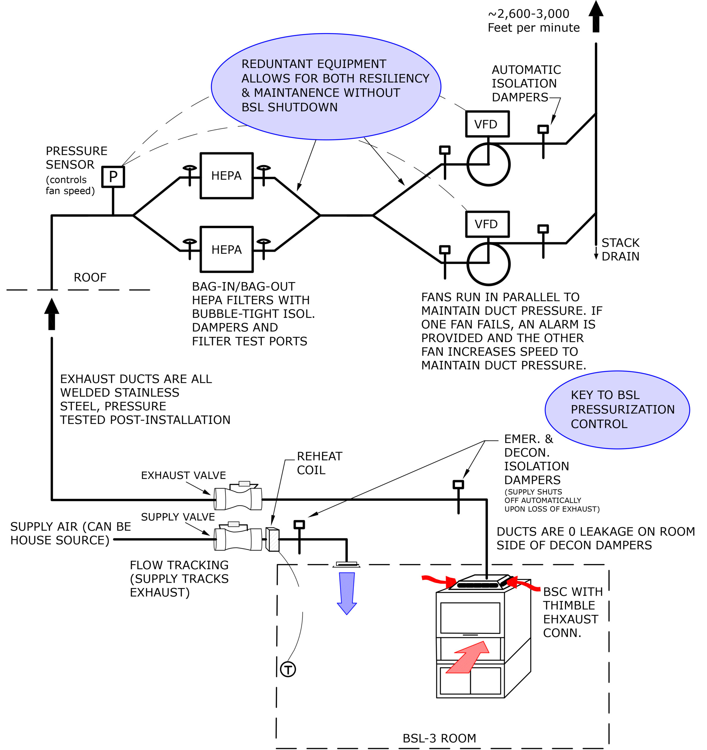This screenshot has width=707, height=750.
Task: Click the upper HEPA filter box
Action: point(226,175)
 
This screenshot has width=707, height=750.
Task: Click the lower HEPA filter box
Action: point(226,249)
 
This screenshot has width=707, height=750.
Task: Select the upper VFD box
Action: point(488,124)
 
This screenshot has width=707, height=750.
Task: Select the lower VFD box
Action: point(488,224)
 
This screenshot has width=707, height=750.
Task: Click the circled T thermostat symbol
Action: point(288,669)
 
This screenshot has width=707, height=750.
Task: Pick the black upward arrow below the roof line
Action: point(52,314)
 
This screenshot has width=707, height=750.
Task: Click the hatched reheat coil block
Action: point(272,539)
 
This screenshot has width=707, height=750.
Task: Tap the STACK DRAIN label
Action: point(620,249)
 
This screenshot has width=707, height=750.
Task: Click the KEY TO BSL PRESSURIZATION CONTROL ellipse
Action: point(617,410)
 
